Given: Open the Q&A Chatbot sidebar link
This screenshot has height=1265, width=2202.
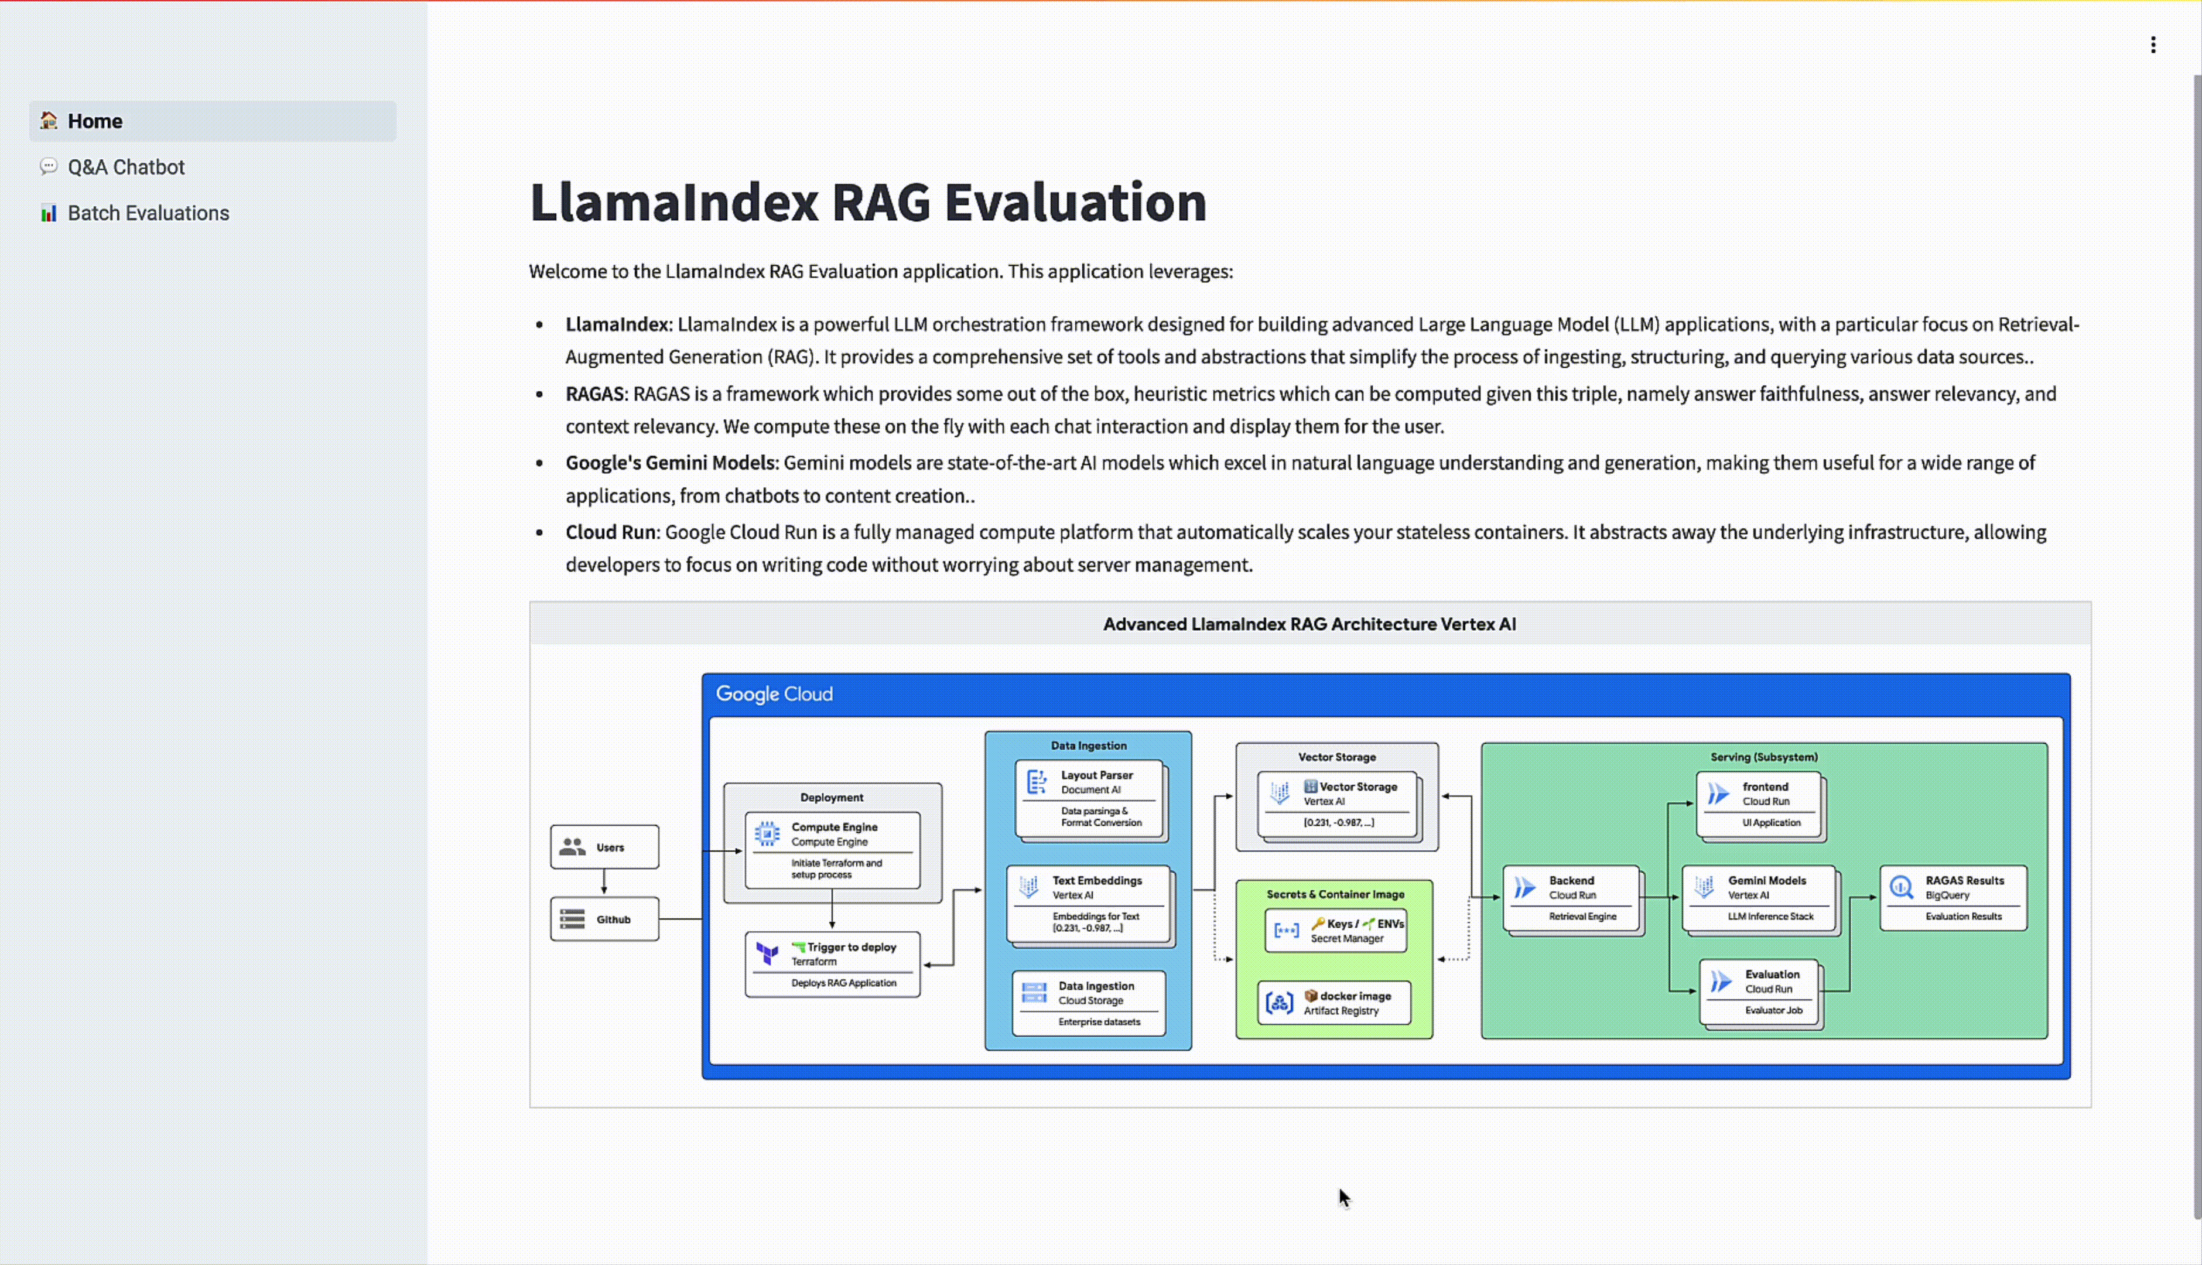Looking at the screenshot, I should pos(126,167).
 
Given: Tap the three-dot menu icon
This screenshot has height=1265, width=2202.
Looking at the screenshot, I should pos(2152,45).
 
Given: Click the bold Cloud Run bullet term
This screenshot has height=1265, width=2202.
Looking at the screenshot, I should pos(611,532).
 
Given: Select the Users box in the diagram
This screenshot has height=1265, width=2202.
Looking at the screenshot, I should pos(604,847).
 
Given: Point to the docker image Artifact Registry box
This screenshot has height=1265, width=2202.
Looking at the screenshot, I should pos(1333,1003).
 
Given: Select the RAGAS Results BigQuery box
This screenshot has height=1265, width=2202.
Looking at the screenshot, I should pos(1953,897).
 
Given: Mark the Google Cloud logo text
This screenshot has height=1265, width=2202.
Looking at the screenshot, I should pos(774,694).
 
